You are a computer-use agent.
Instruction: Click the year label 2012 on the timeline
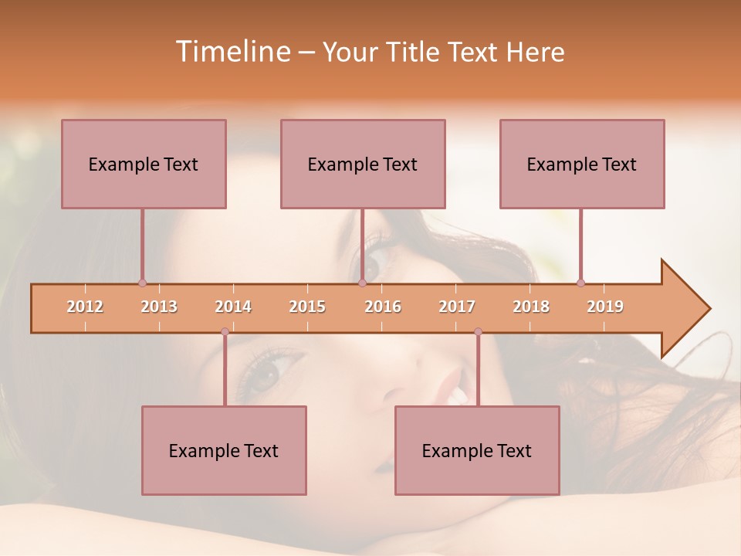coord(85,307)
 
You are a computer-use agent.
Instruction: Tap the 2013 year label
coord(159,307)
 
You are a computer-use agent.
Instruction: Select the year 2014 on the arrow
coord(233,307)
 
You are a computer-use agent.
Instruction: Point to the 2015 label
coord(307,307)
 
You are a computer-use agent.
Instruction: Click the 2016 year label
coord(383,307)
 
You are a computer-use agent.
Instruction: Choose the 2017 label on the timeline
coord(457,307)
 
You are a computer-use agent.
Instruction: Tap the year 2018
coord(531,307)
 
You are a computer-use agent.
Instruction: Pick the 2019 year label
coord(605,307)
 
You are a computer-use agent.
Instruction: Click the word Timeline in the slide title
coord(232,52)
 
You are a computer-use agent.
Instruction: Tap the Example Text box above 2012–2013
coord(144,164)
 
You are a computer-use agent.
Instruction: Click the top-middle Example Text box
coord(363,164)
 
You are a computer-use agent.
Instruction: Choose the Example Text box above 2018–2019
coord(582,164)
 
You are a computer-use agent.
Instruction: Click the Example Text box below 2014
coord(224,450)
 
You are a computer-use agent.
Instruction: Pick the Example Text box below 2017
coord(477,450)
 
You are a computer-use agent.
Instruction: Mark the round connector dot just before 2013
coord(142,283)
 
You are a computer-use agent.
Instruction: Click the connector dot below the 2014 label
coord(225,332)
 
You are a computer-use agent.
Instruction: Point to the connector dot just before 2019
coord(580,283)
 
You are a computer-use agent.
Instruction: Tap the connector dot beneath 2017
coord(478,332)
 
